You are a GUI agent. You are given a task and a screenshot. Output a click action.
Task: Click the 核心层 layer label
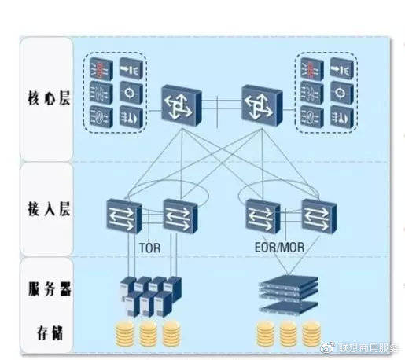pyautogui.click(x=49, y=99)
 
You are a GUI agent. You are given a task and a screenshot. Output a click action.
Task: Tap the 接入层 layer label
pyautogui.click(x=49, y=209)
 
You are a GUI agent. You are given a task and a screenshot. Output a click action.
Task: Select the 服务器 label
pyautogui.click(x=50, y=289)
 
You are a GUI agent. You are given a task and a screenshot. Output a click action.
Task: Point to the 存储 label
pyautogui.click(x=50, y=332)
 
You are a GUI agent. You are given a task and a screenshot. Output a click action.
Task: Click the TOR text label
pyautogui.click(x=149, y=248)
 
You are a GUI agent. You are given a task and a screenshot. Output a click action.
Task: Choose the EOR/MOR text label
pyautogui.click(x=279, y=248)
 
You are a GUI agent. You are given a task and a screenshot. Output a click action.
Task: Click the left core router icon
pyautogui.click(x=182, y=106)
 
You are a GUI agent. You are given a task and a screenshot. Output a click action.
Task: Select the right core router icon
pyautogui.click(x=262, y=106)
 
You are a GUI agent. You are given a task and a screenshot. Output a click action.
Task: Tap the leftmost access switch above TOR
pyautogui.click(x=124, y=216)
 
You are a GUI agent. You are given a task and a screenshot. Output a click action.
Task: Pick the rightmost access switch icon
pyautogui.click(x=319, y=216)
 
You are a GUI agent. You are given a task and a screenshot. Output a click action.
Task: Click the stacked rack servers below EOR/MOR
pyautogui.click(x=289, y=294)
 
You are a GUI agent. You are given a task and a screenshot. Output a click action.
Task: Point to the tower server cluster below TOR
pyautogui.click(x=150, y=296)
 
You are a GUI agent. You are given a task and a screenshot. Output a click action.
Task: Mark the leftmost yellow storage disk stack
pyautogui.click(x=125, y=333)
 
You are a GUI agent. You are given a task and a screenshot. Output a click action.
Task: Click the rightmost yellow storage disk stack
pyautogui.click(x=311, y=333)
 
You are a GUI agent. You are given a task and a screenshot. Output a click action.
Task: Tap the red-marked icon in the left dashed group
pyautogui.click(x=101, y=68)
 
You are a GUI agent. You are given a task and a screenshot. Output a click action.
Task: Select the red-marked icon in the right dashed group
pyautogui.click(x=312, y=68)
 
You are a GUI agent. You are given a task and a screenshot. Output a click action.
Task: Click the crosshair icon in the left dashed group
pyautogui.click(x=131, y=93)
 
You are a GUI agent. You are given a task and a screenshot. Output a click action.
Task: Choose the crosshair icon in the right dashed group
pyautogui.click(x=342, y=93)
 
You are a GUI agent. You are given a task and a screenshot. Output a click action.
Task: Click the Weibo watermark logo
pyautogui.click(x=328, y=347)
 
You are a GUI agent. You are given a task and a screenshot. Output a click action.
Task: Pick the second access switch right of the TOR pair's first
pyautogui.click(x=180, y=216)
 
